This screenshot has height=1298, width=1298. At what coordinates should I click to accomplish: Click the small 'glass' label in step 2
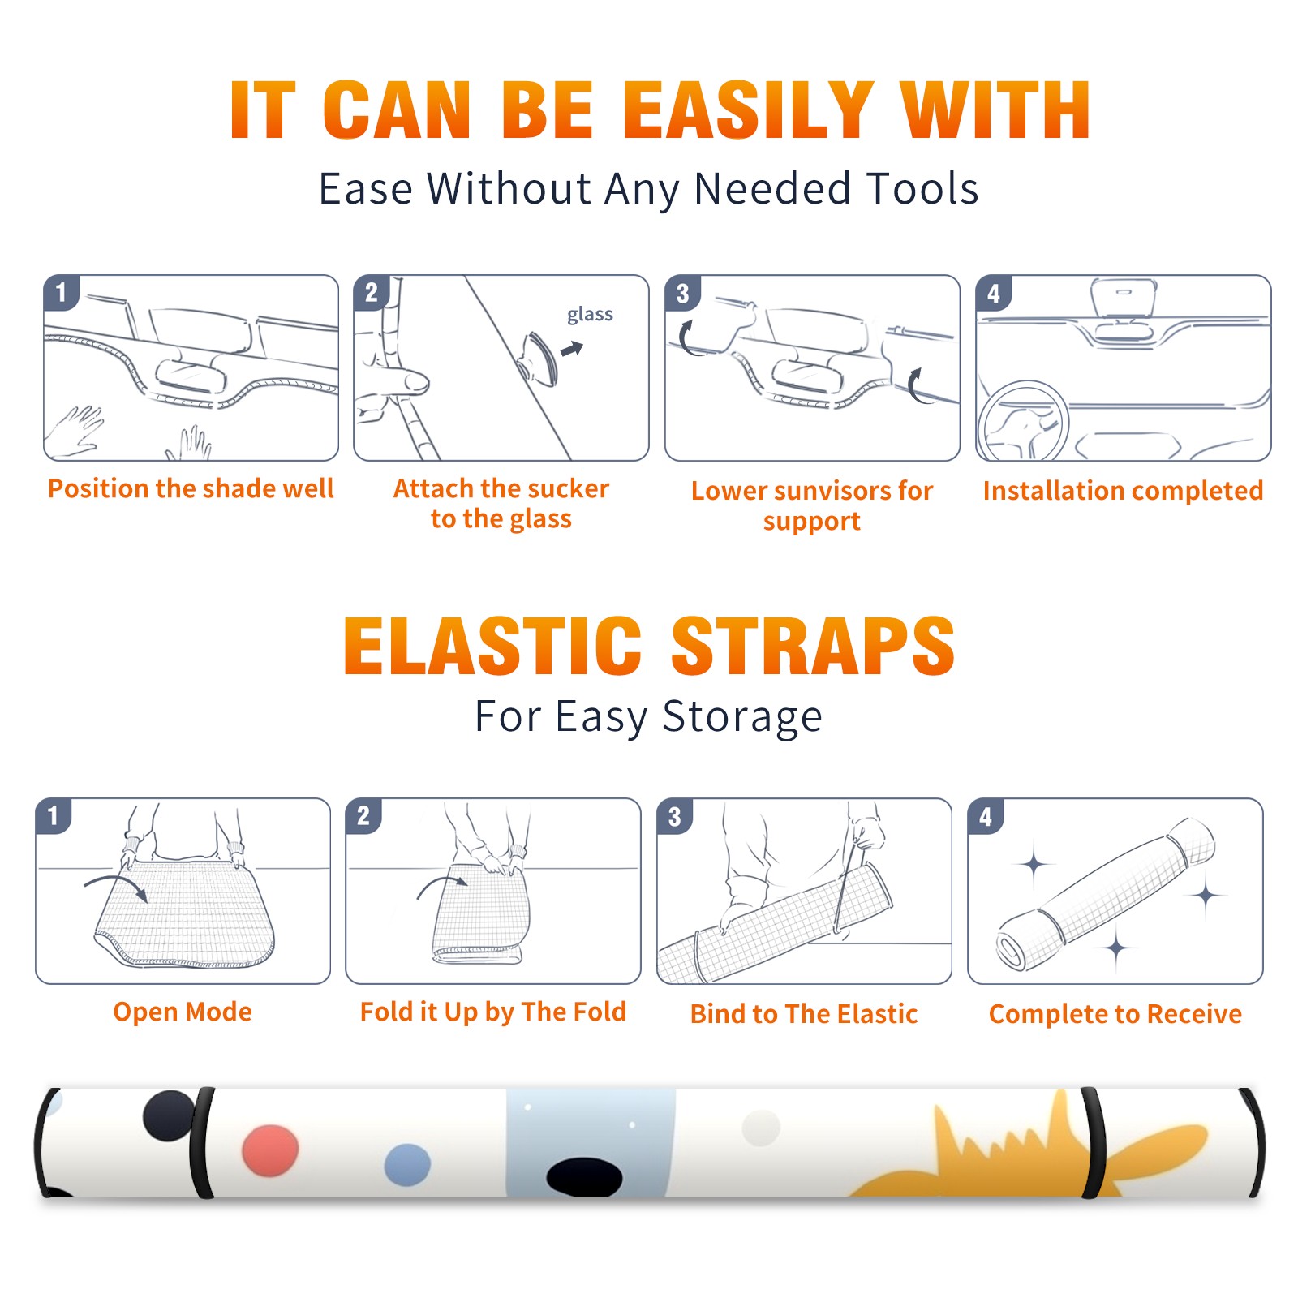point(590,315)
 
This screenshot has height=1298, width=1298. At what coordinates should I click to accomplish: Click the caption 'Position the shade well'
point(191,488)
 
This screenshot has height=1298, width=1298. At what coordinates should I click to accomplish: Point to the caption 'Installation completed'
point(1123,491)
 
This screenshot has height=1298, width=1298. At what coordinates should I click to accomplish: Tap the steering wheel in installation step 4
point(1024,422)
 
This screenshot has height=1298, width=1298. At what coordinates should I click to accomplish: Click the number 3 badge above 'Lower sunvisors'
point(682,294)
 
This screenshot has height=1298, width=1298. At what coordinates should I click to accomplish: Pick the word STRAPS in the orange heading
point(813,646)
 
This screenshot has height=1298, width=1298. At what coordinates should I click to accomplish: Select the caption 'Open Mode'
point(183,1012)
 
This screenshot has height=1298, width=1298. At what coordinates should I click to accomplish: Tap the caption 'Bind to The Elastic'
point(804,1014)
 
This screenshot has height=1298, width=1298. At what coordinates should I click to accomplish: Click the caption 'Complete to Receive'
point(1115,1014)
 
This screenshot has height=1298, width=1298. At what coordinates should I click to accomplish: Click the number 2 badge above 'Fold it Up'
point(363,816)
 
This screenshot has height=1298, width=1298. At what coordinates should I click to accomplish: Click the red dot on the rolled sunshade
point(270,1150)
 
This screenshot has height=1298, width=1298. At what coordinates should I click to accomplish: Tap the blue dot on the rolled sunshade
point(407,1165)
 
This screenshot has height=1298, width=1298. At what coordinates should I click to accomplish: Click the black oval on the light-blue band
point(584,1177)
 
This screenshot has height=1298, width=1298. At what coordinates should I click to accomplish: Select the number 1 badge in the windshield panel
point(61,292)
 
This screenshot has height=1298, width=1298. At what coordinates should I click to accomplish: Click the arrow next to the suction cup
point(572,349)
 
